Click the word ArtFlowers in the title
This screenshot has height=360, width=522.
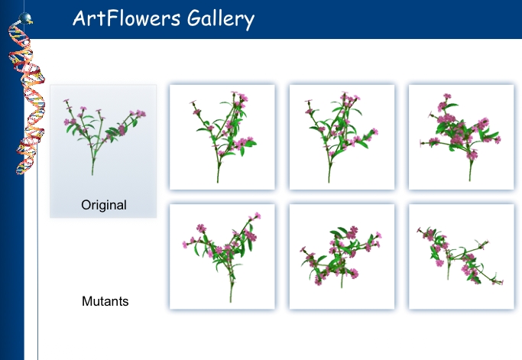pos(127,18)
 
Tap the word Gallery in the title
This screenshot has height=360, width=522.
pos(221,19)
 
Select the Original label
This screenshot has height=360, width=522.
pos(104,205)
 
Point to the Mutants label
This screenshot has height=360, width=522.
pos(105,301)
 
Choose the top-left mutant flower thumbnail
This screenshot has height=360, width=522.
pos(222,138)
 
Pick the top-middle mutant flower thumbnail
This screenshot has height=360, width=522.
pos(342,138)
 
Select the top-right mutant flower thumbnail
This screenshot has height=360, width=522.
pos(462,138)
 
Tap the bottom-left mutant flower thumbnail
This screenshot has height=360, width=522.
pos(222,257)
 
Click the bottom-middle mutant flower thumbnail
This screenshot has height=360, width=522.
pos(342,257)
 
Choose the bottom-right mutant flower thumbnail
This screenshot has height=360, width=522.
pos(462,257)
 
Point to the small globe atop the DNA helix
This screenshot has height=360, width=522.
pos(24,18)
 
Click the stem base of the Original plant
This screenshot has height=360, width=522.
pos(92,174)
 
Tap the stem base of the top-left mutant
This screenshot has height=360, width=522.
pos(218,181)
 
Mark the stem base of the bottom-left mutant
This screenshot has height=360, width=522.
pos(230,300)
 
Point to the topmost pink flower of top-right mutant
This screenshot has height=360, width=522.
pos(447,96)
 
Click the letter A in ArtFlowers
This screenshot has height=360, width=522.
pos(79,18)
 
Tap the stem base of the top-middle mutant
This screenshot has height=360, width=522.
pos(329,181)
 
